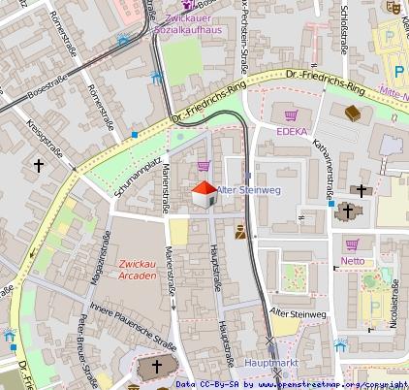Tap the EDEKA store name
(293, 132)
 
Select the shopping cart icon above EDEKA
(291, 114)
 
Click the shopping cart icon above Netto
(352, 244)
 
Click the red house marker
(204, 194)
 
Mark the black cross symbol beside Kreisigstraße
(39, 166)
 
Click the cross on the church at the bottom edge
(157, 368)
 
